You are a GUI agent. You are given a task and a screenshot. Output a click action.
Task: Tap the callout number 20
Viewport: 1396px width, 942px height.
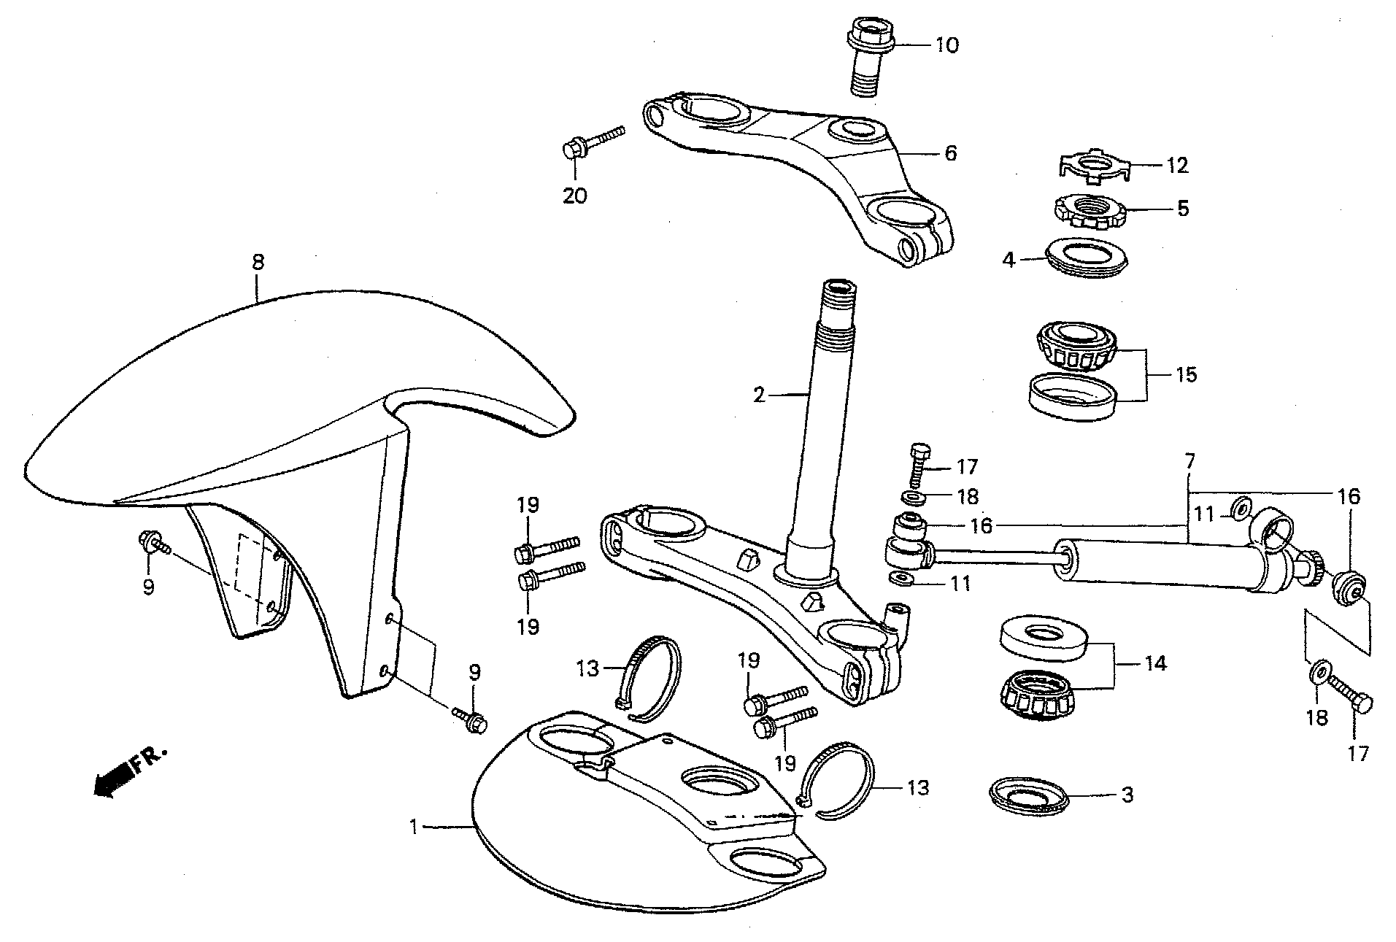[575, 196]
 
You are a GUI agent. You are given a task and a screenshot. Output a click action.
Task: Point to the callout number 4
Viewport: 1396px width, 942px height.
[1009, 260]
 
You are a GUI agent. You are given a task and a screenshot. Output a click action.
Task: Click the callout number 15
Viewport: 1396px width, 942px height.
[1186, 375]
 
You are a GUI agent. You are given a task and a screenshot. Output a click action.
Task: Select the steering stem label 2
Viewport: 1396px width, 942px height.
[760, 395]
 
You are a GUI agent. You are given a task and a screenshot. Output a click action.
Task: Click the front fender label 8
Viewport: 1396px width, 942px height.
[258, 262]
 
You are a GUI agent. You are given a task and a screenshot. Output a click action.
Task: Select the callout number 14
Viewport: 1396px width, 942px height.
[1156, 664]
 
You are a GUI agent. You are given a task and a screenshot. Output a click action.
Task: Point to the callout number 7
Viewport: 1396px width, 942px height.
[1190, 461]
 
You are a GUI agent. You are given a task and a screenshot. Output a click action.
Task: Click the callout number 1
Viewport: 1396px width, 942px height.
[414, 827]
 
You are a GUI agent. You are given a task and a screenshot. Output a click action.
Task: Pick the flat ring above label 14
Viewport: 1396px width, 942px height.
[1045, 636]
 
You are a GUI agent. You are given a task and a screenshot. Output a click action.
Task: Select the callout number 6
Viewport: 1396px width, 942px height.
[950, 153]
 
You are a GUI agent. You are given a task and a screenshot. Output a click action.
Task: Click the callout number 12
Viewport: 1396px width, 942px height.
[1176, 166]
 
